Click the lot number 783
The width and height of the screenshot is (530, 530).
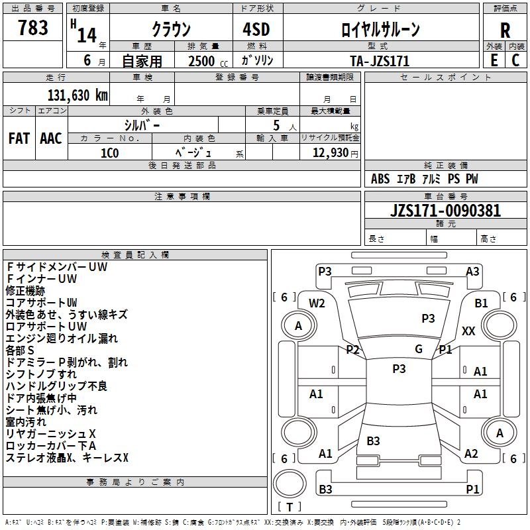pyautogui.click(x=33, y=28)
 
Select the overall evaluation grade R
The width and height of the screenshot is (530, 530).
pyautogui.click(x=505, y=30)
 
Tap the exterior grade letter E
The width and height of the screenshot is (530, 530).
pyautogui.click(x=494, y=60)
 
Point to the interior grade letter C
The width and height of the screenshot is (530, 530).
pyautogui.click(x=516, y=60)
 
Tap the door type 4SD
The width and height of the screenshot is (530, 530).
pyautogui.click(x=260, y=29)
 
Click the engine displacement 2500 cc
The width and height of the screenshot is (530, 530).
pyautogui.click(x=202, y=61)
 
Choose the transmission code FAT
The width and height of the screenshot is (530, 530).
pyautogui.click(x=19, y=138)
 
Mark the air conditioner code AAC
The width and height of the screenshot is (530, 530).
pyautogui.click(x=51, y=138)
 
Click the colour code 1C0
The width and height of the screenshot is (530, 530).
pyautogui.click(x=110, y=152)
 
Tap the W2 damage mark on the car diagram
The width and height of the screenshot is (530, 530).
pyautogui.click(x=317, y=303)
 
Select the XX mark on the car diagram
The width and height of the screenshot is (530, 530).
pyautogui.click(x=468, y=331)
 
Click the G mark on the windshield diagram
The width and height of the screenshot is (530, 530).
pyautogui.click(x=419, y=348)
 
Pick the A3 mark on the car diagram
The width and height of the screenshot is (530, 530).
pyautogui.click(x=472, y=271)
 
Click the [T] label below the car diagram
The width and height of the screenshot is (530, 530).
pyautogui.click(x=290, y=507)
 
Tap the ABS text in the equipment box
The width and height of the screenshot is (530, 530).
pyautogui.click(x=380, y=179)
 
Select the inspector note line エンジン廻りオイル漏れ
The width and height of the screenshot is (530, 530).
pyautogui.click(x=62, y=339)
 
